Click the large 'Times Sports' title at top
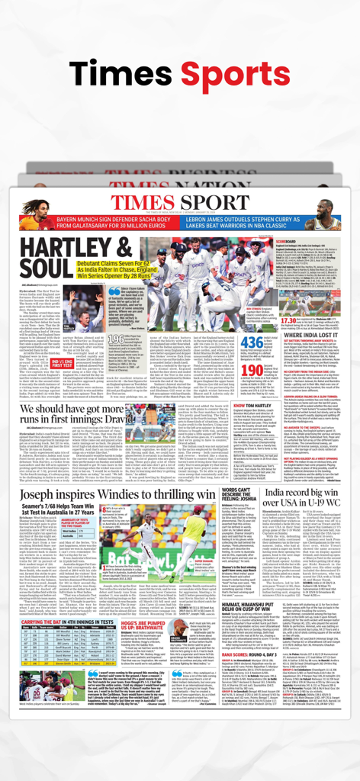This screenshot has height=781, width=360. coord(180,72)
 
